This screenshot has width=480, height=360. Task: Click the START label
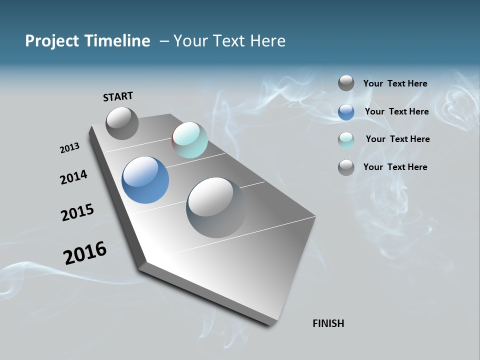coord(118,96)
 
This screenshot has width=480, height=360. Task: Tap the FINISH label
coord(328,323)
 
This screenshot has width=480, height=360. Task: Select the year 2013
coord(69,148)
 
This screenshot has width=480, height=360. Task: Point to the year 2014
coord(73,177)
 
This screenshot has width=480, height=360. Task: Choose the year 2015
coord(77,212)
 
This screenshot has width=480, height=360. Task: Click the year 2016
coord(85,253)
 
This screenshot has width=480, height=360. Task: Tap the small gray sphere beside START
coord(122,123)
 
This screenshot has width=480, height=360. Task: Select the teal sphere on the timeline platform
coord(189,140)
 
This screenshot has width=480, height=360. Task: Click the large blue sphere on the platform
coord(145,180)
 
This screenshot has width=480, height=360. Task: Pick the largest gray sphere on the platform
coord(216,207)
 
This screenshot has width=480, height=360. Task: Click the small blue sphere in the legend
coord(346,112)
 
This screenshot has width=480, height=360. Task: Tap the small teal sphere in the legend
coord(346,140)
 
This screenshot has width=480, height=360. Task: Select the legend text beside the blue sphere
coord(396,111)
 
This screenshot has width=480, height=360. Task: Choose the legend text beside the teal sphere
coord(397,139)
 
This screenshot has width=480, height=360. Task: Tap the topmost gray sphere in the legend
coord(346,83)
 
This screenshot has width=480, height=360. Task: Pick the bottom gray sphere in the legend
coord(346,167)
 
